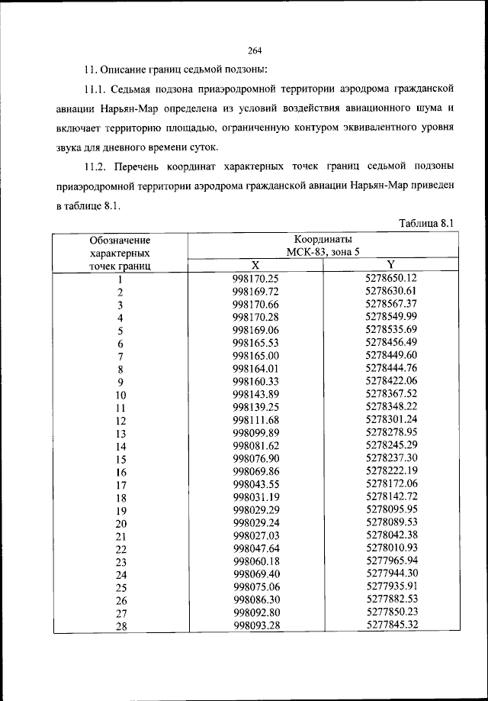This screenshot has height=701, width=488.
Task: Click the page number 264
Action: pos(255,51)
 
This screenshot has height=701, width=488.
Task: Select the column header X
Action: pos(255,264)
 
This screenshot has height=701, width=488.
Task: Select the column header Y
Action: pos(390,264)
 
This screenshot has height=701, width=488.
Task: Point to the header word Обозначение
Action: pos(120,241)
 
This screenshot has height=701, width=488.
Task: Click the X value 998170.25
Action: pos(255,279)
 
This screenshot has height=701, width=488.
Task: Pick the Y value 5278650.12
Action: pos(391,278)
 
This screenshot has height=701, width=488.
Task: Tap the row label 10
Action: pos(120,396)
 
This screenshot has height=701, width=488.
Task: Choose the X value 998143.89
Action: pos(255,394)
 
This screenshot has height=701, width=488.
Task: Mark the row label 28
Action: pos(120,628)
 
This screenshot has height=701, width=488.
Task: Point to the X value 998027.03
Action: pos(255,536)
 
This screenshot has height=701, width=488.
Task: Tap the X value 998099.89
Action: pos(255,433)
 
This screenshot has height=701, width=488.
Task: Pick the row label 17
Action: pos(120,486)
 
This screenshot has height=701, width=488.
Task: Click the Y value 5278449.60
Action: pos(391,355)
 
